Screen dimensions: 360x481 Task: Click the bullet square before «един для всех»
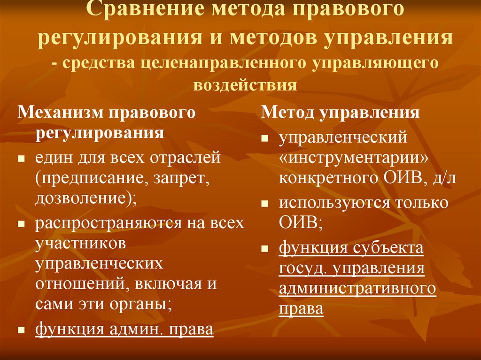pyautogui.click(x=21, y=160)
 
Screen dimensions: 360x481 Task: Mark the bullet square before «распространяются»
pyautogui.click(x=21, y=224)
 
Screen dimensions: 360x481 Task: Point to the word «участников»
pyautogui.click(x=80, y=243)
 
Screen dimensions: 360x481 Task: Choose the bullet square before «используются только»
pyautogui.click(x=265, y=205)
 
